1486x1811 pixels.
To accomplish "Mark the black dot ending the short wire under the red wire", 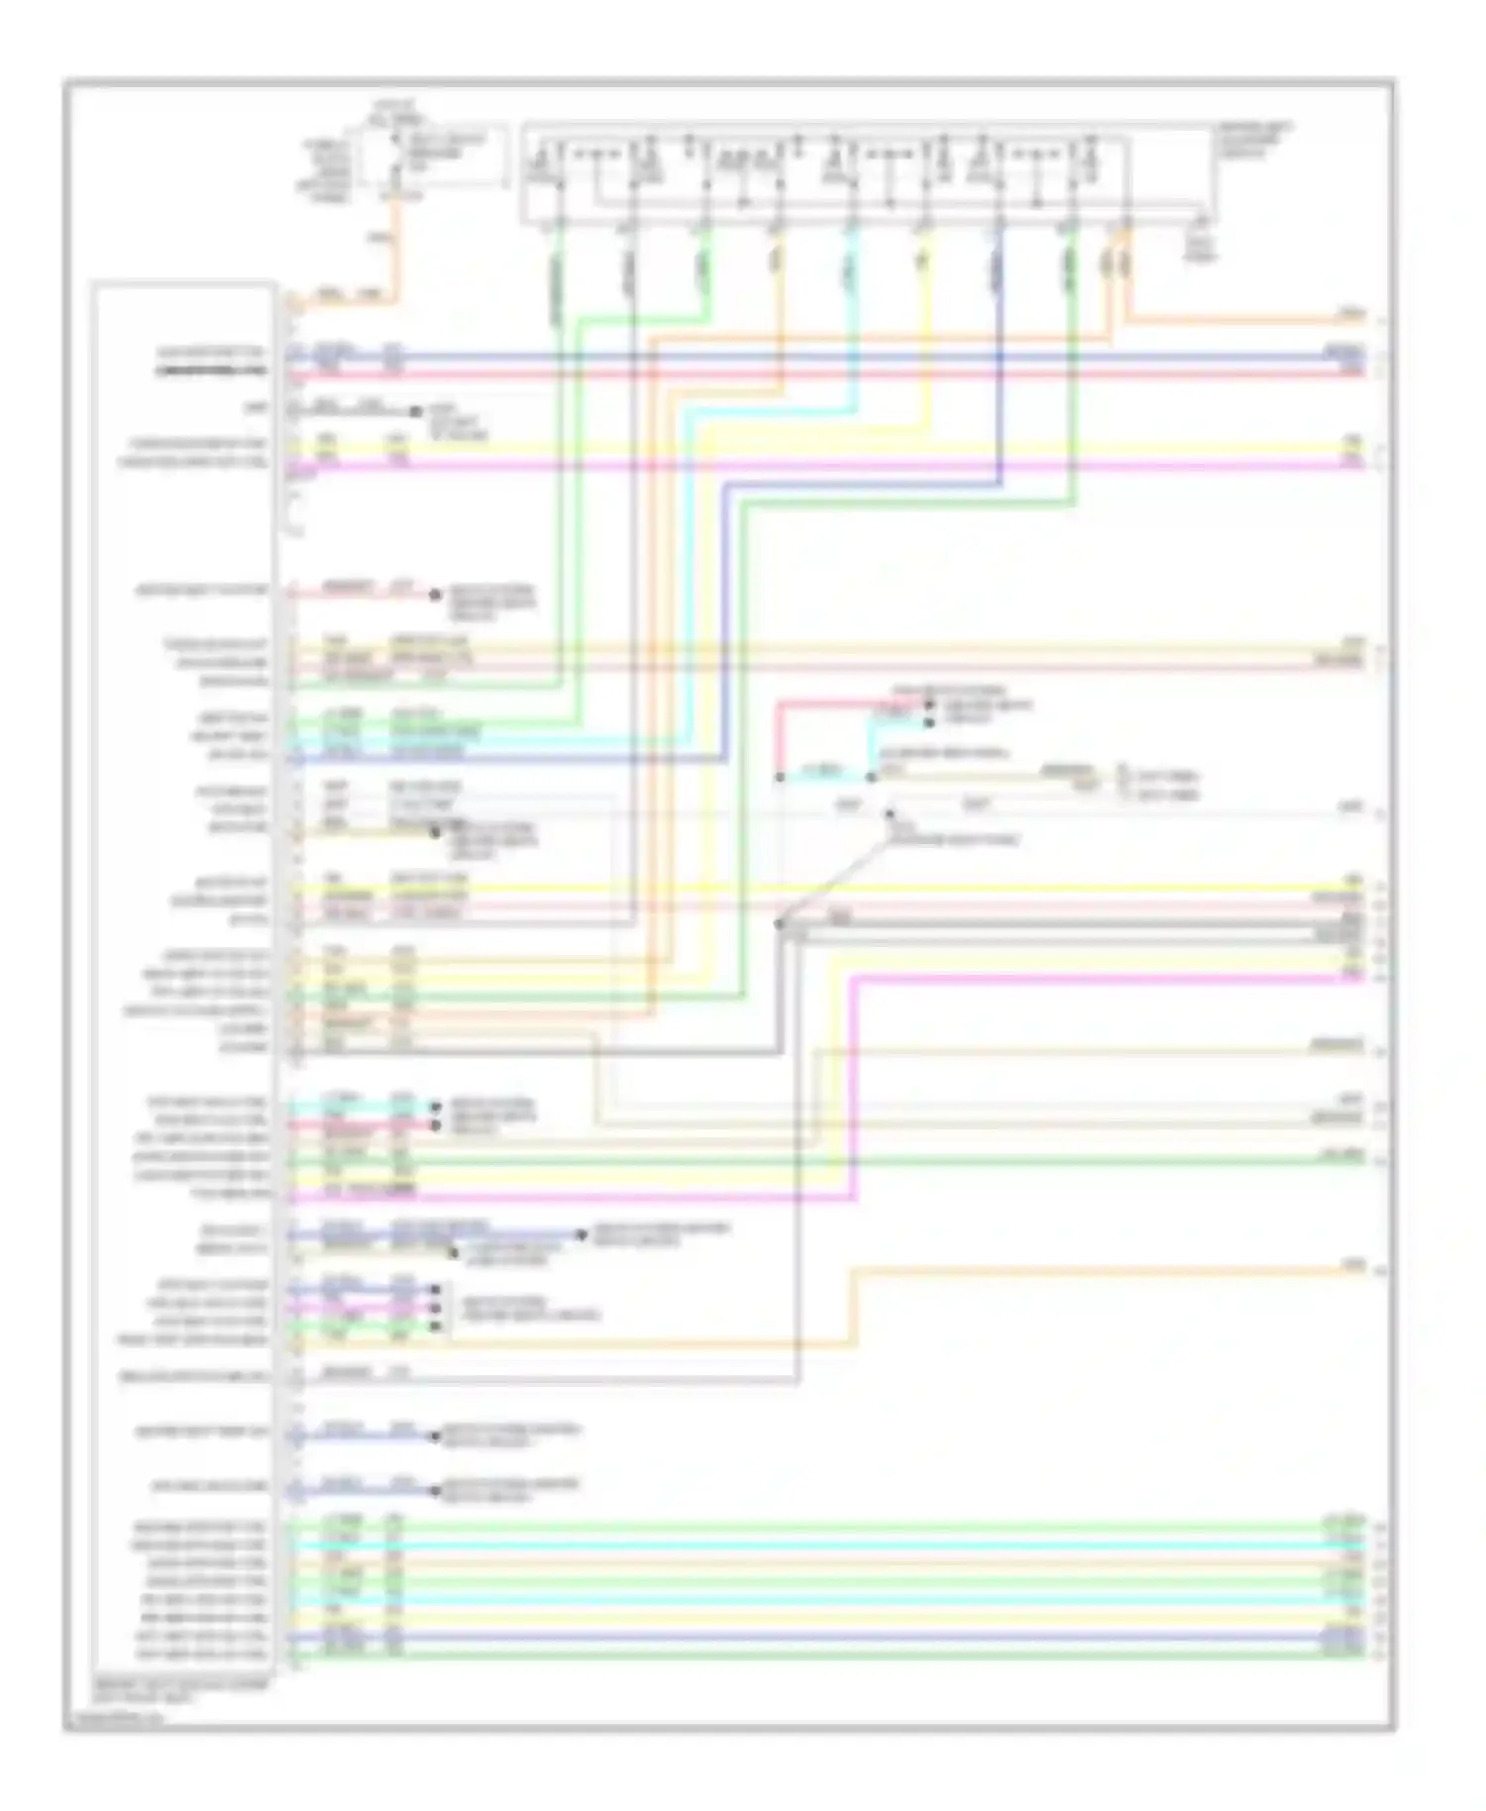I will [416, 410].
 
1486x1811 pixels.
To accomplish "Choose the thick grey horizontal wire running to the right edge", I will [1070, 925].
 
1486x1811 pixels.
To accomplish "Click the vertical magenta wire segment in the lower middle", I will [854, 1090].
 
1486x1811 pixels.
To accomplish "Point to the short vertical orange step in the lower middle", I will [854, 1308].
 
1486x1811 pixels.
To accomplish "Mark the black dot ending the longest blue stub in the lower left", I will [582, 1234].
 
